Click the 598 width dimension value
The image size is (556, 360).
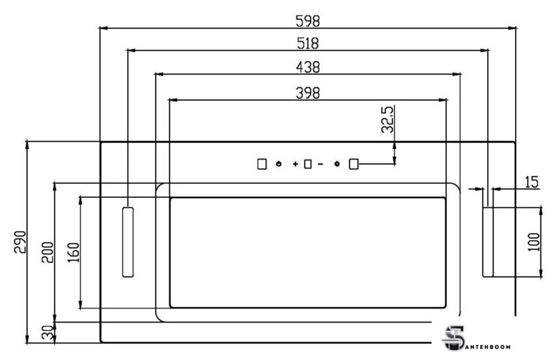[307, 21]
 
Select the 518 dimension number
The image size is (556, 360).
[308, 43]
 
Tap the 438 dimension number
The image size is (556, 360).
[308, 67]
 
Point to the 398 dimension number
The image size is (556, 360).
[308, 93]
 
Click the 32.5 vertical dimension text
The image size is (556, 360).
[387, 119]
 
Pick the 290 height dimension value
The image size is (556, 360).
[21, 242]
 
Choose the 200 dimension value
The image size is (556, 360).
[48, 252]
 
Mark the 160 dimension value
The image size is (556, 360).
[73, 252]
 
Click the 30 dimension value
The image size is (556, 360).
[47, 333]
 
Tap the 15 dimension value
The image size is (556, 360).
[531, 182]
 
